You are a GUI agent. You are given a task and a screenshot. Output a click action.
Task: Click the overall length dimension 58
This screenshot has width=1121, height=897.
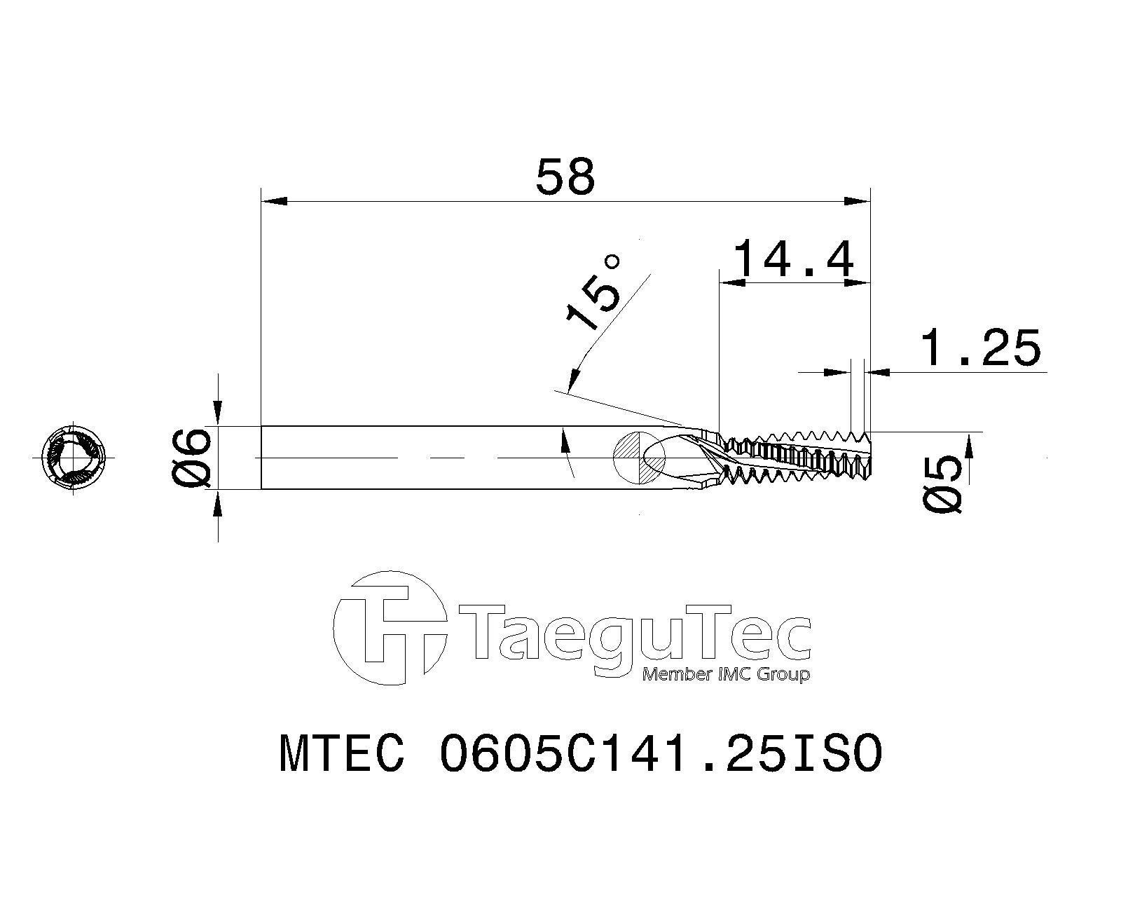click(x=565, y=177)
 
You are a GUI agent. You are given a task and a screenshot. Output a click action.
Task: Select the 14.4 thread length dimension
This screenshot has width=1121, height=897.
click(x=795, y=259)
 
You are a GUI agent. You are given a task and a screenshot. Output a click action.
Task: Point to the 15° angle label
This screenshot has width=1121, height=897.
click(x=593, y=294)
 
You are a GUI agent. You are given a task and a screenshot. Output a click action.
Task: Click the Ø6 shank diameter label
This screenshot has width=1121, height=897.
click(x=191, y=457)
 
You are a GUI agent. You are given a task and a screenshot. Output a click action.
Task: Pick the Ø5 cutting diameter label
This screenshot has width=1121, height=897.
click(x=942, y=484)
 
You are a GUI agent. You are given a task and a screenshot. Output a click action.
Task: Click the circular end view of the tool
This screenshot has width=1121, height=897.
click(x=74, y=457)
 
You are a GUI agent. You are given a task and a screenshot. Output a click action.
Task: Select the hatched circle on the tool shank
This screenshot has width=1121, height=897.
click(x=639, y=457)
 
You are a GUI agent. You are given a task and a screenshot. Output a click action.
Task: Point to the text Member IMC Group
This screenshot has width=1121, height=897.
click(x=726, y=674)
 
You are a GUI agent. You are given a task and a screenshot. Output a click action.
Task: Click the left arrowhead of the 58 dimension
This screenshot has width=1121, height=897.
click(x=273, y=202)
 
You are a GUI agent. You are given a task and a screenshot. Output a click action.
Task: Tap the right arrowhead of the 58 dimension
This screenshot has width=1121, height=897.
click(x=856, y=202)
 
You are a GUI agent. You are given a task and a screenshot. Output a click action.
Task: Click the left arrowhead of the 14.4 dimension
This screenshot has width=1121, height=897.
click(x=732, y=283)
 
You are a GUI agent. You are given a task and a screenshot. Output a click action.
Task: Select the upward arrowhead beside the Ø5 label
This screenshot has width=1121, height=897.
click(x=970, y=445)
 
